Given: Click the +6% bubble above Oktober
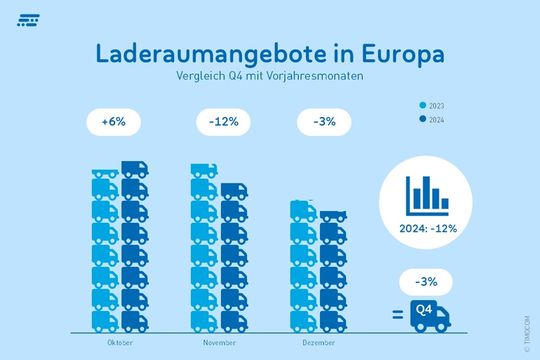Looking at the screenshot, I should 113,123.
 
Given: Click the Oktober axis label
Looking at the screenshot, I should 119,341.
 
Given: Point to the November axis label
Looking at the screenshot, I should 219,341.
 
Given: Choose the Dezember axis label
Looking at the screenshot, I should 320,341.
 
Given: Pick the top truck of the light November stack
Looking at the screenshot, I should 204,171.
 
